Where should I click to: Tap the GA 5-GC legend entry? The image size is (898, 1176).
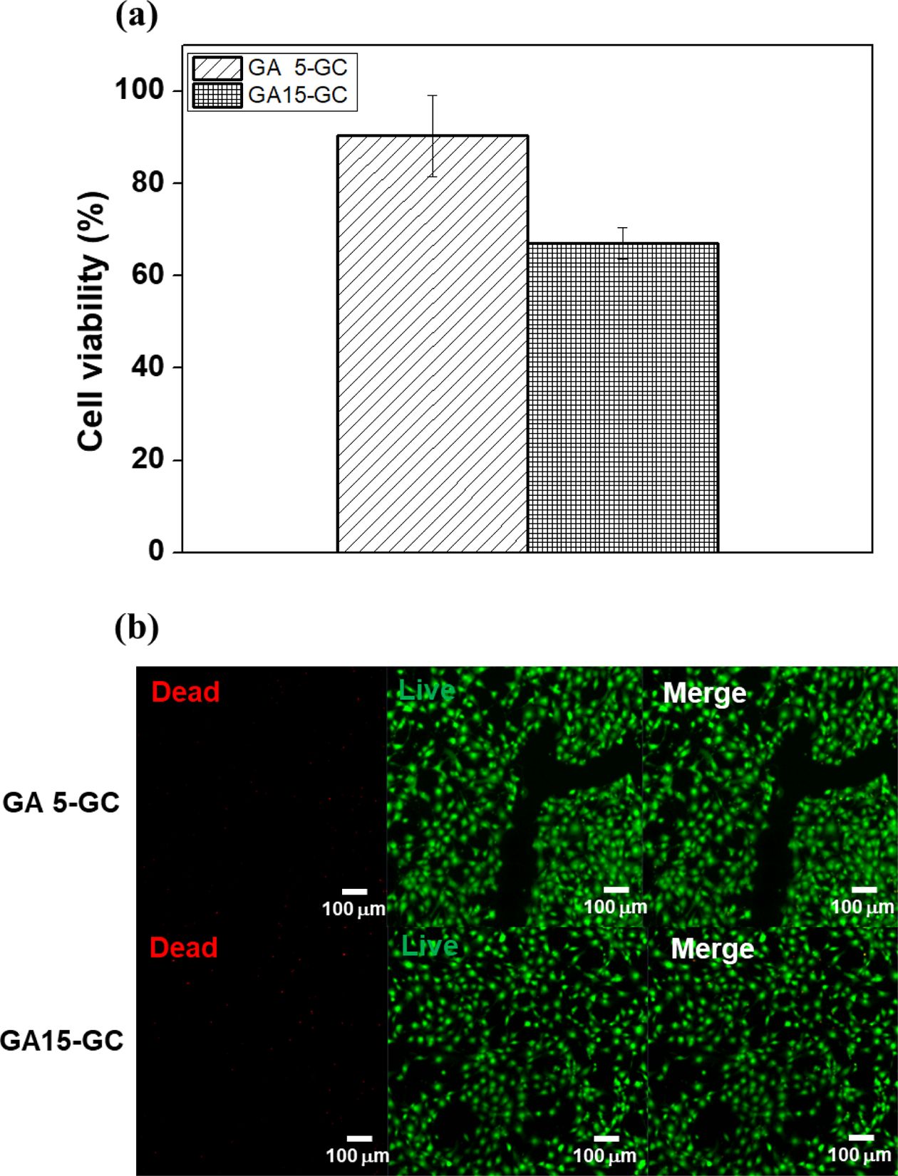(272, 68)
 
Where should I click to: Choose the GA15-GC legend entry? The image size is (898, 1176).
(272, 95)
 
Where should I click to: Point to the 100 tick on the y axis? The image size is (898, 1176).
(139, 90)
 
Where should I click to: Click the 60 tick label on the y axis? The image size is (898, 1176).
(148, 275)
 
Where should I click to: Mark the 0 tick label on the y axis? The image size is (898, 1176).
(156, 551)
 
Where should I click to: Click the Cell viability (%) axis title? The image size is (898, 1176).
(92, 322)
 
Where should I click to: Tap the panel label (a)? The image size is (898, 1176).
(136, 16)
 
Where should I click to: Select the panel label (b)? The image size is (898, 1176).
(136, 628)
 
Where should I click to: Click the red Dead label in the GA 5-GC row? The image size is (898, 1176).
(185, 692)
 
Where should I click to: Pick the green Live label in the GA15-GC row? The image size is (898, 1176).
(429, 946)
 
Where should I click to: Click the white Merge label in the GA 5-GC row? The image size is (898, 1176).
(704, 693)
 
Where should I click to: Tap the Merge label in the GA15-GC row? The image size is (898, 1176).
(712, 949)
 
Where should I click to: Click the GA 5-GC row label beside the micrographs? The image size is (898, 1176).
(61, 803)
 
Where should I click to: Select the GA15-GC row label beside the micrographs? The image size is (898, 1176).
(62, 1041)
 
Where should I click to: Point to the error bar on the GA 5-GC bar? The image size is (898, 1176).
(433, 135)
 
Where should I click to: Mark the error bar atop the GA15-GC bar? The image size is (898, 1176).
(623, 243)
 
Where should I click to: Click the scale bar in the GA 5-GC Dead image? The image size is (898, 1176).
(354, 891)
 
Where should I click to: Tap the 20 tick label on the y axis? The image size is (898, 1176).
(148, 459)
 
